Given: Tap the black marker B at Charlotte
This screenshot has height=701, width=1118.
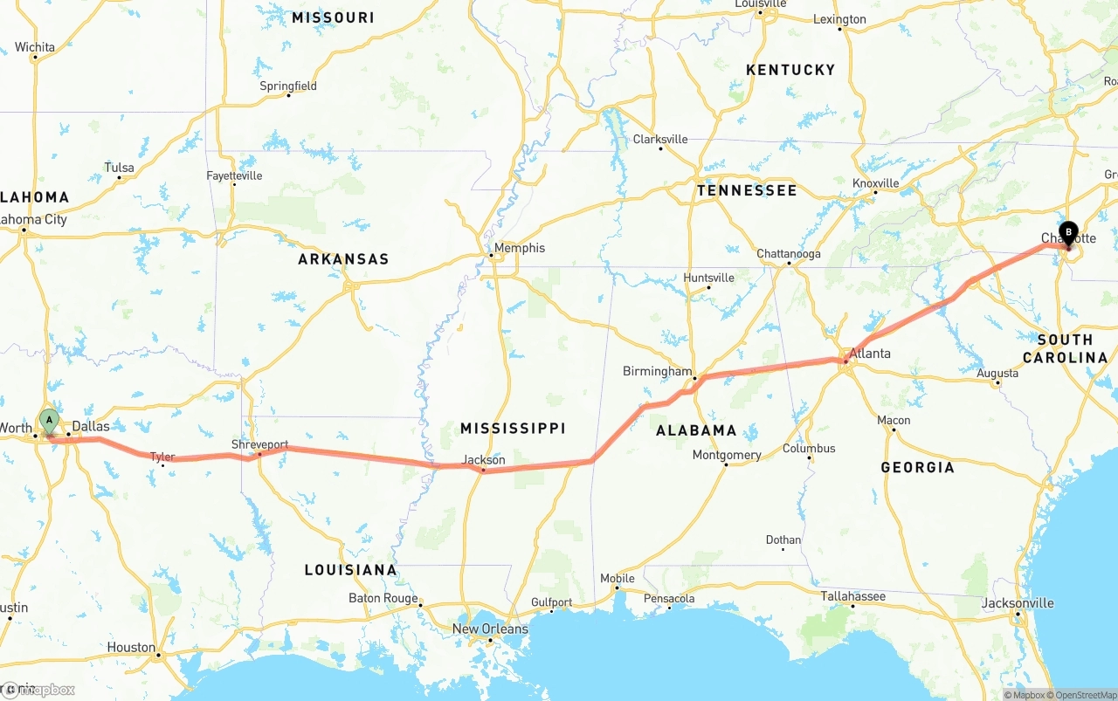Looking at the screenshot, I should point(1067,232).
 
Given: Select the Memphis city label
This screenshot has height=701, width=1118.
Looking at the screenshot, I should point(519,248).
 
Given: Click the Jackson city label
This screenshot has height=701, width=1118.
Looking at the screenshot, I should point(484,460).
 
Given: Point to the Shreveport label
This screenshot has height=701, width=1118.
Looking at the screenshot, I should point(259,444).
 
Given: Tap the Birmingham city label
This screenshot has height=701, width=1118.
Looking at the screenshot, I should point(657,371).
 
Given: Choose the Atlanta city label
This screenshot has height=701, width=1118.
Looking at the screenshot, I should point(870,354).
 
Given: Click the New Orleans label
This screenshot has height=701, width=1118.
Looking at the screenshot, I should point(490,629).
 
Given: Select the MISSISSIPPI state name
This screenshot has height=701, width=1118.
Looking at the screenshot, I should point(513,428).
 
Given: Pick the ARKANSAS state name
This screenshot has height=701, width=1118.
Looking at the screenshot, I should point(343,259).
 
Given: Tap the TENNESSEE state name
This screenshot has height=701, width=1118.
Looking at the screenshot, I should point(747,190).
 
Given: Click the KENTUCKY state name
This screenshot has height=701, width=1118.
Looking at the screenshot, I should point(790,70).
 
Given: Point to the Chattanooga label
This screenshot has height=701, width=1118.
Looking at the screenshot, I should point(789,254).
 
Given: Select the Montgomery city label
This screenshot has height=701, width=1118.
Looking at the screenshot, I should point(727,455).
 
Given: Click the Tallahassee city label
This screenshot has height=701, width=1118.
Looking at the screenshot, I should point(852,596).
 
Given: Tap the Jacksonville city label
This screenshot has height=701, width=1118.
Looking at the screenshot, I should point(1018,602).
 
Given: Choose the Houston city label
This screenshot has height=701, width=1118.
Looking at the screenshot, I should point(131,647).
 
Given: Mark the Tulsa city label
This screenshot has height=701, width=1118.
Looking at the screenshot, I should point(120,168).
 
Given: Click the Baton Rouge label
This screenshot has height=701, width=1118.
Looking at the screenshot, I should point(383,598).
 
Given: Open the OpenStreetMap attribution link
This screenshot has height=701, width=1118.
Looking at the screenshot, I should point(1086,695).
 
